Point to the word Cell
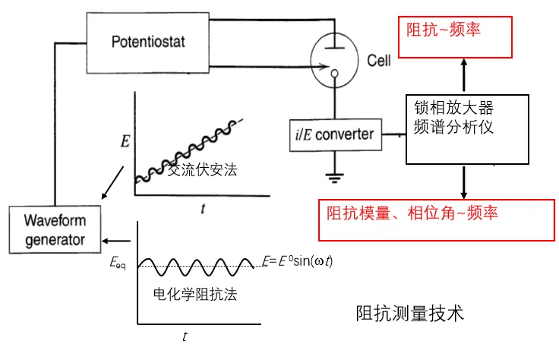378,60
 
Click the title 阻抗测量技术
409,313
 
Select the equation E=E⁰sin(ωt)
297,261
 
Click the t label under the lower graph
185,335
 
